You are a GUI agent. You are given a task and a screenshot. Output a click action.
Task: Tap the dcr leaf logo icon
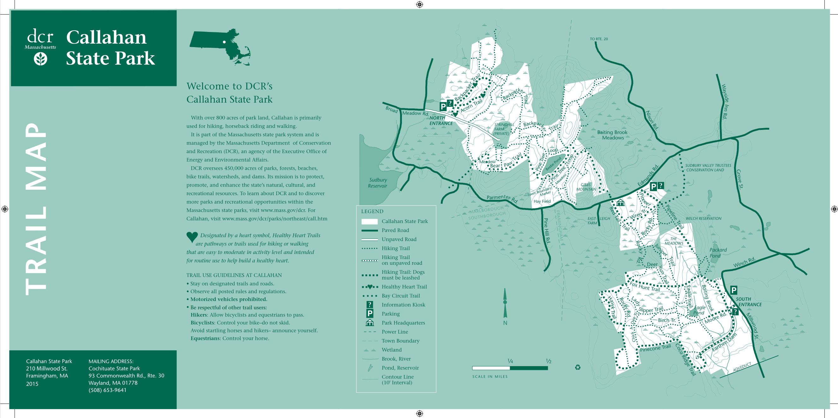[x=41, y=59]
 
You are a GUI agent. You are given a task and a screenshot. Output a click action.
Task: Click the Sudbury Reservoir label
[x=378, y=183]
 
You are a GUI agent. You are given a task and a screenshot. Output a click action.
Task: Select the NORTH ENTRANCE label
[x=441, y=120]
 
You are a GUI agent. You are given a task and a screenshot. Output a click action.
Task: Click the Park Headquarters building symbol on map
[x=620, y=202]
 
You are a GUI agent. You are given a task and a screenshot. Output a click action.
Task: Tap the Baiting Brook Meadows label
[x=612, y=135]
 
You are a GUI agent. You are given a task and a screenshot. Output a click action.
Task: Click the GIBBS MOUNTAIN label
[x=586, y=187]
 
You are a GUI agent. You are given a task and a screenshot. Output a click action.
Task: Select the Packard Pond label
[x=718, y=253]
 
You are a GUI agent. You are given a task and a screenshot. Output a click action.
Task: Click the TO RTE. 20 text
[x=599, y=39]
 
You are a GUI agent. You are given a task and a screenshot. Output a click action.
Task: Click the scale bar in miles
[x=510, y=368]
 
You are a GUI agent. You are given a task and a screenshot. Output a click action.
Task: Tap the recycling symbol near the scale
[x=578, y=367]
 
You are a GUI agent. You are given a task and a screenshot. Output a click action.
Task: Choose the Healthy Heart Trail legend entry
[x=404, y=287]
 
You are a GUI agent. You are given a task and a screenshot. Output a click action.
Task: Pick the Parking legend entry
[x=390, y=314]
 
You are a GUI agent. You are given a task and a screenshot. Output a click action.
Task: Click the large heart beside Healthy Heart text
[x=192, y=237]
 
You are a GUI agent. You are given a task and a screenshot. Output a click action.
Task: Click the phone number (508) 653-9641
[x=107, y=390]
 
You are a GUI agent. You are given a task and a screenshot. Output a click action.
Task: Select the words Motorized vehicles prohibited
[x=228, y=299]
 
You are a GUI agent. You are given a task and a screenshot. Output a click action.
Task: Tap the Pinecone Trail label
[x=655, y=348]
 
